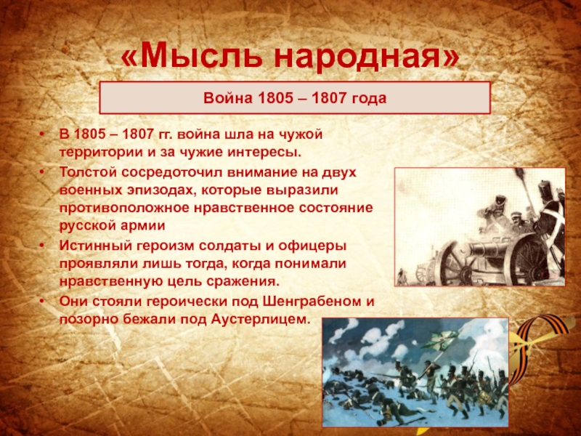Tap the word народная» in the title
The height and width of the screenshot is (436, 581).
point(367,57)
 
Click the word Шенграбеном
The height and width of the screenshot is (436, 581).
point(312,302)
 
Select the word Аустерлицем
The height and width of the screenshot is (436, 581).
point(260,320)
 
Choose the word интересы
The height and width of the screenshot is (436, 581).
point(262,153)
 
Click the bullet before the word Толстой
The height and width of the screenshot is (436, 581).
point(43,172)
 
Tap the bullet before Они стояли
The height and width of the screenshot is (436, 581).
point(43,302)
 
